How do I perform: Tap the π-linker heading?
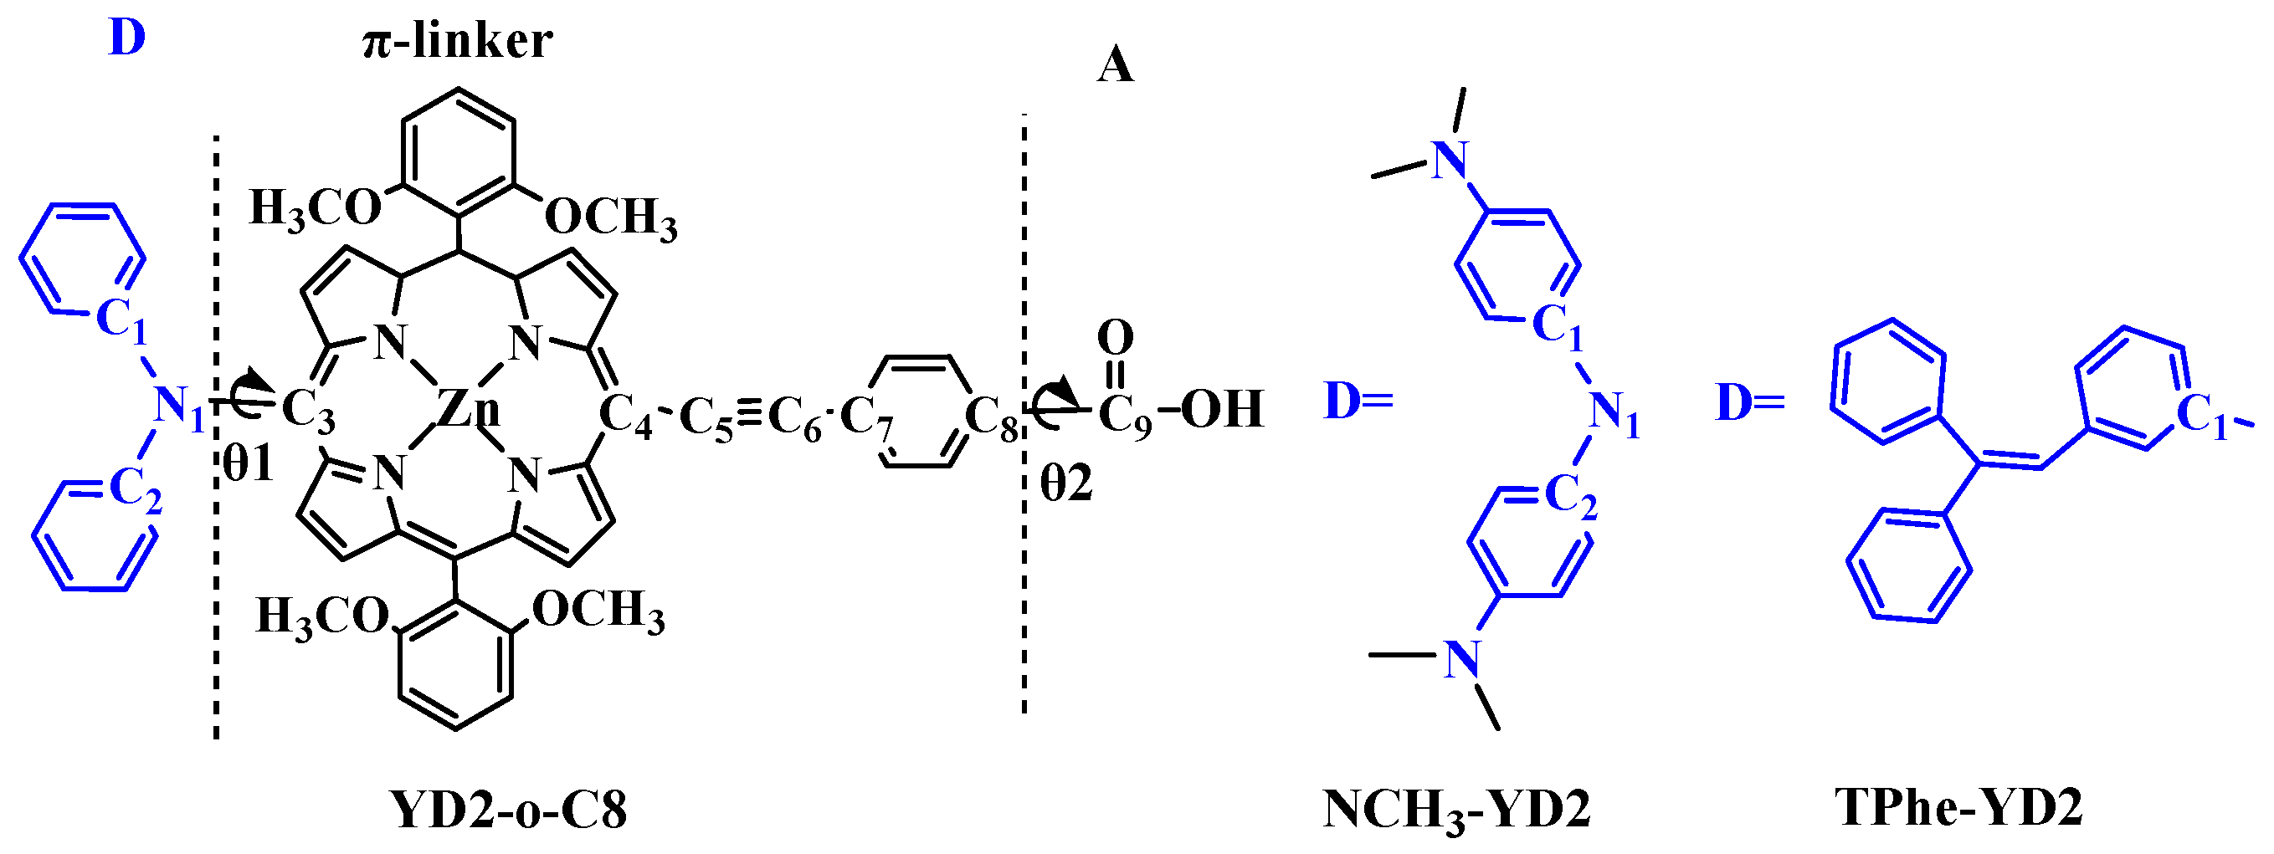[x=457, y=42]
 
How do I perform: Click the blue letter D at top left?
[x=126, y=38]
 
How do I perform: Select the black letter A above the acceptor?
[x=1115, y=65]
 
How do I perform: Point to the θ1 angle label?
[x=248, y=463]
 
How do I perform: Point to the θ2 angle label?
[x=1066, y=483]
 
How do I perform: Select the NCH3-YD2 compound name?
[x=1456, y=809]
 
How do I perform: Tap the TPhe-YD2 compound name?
[x=1958, y=806]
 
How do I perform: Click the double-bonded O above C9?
[x=1115, y=338]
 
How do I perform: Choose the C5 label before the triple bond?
[x=706, y=418]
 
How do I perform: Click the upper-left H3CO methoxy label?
[x=314, y=209]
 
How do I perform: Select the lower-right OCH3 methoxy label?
[x=598, y=611]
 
